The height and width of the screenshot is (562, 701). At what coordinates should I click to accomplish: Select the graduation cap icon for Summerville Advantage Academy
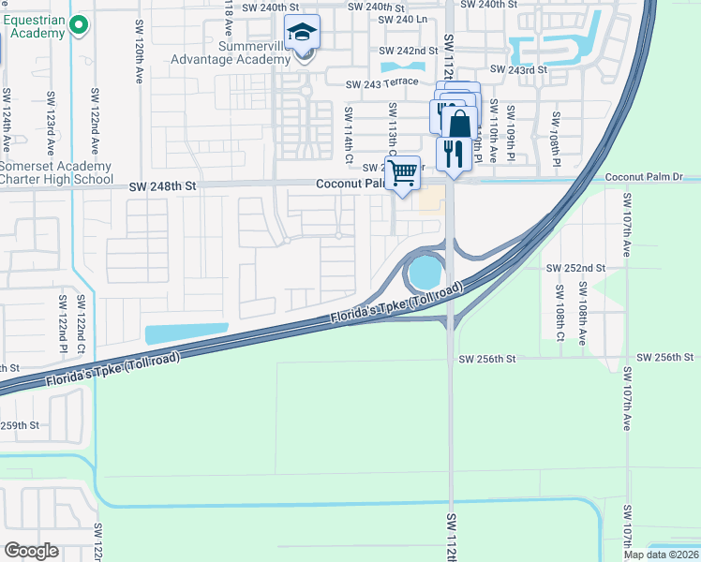[x=303, y=34]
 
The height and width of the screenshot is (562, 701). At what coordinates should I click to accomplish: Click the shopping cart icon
[x=402, y=172]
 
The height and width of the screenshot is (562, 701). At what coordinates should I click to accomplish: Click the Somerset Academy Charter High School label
[x=56, y=172]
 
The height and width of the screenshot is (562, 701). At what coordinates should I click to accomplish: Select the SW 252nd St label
[x=576, y=267]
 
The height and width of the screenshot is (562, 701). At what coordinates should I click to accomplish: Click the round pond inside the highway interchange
[x=424, y=274]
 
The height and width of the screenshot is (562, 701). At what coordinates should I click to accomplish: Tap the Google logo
[x=32, y=550]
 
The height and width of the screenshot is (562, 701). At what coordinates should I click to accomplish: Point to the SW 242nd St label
[x=409, y=51]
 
